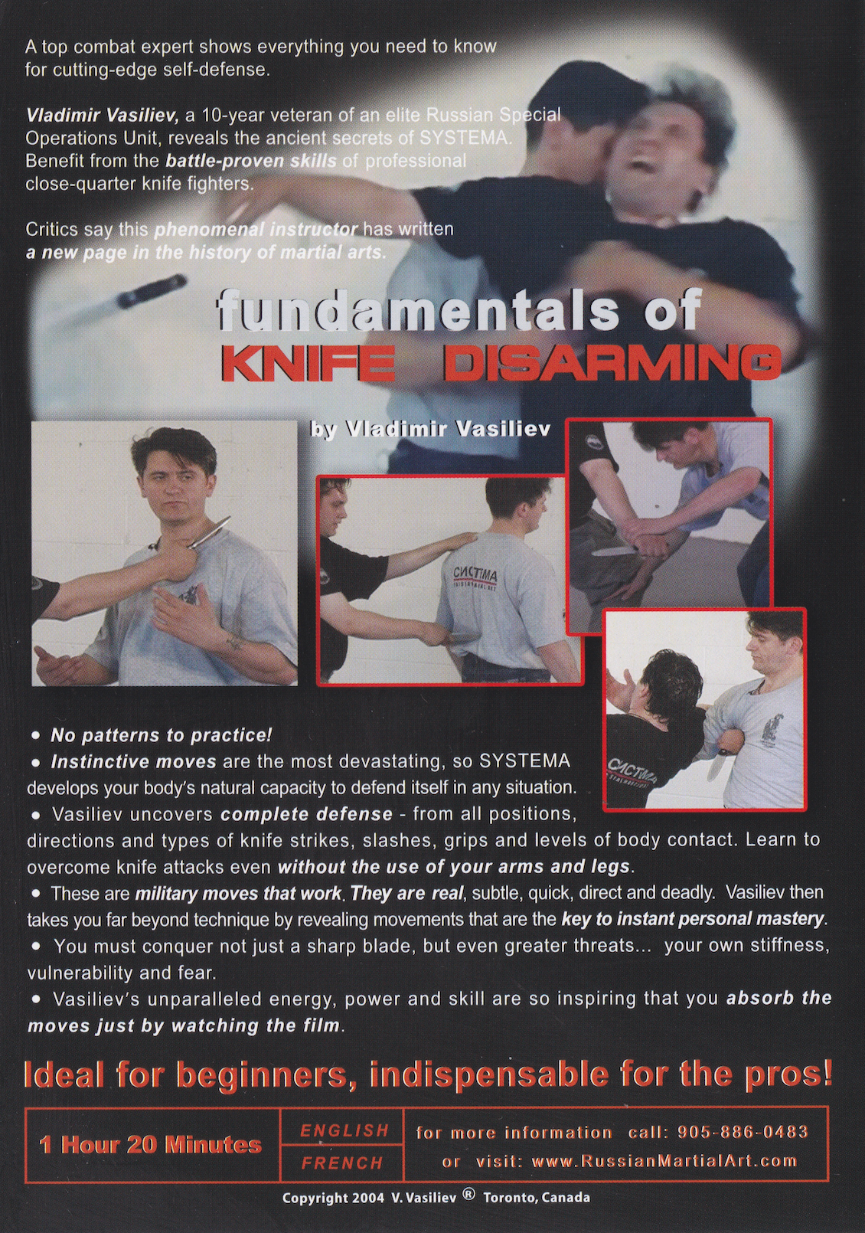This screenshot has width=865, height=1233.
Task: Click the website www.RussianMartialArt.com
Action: tap(664, 1161)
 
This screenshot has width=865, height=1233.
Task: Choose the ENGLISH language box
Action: tap(344, 1130)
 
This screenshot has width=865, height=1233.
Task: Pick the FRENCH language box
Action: tap(342, 1163)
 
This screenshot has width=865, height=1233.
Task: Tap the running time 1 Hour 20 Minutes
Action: tap(151, 1145)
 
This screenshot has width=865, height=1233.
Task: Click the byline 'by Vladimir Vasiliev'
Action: tap(430, 430)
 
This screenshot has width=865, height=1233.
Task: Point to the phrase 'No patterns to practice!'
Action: tap(161, 735)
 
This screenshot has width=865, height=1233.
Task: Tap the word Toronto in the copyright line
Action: tap(511, 1198)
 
